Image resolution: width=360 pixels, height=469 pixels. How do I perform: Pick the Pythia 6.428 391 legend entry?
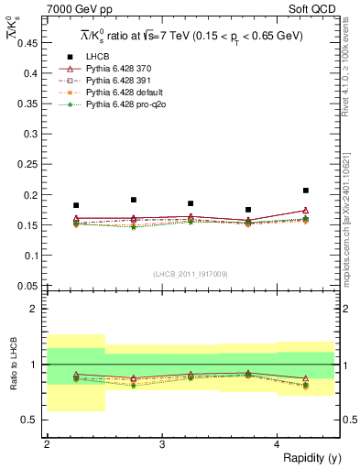(122, 81)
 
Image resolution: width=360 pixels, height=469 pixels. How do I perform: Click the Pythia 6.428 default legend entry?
(125, 93)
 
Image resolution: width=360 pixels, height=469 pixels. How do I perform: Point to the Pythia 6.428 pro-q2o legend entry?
(126, 106)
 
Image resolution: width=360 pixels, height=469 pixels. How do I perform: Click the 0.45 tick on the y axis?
(31, 43)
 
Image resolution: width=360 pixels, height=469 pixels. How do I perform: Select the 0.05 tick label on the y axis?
(31, 286)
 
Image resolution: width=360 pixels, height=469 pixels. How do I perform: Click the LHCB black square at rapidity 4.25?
(306, 191)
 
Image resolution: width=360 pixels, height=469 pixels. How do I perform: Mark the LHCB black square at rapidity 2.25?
(76, 205)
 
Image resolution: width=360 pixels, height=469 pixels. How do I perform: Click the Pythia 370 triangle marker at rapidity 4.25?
(306, 211)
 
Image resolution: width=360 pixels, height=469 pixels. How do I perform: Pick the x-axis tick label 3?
(161, 444)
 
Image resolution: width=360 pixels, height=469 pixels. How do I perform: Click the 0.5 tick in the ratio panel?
(34, 420)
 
